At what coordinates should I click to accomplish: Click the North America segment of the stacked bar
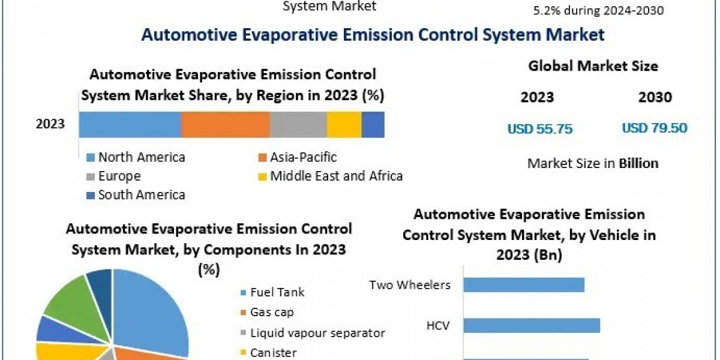click(x=130, y=125)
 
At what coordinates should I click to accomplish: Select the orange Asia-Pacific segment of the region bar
click(x=225, y=125)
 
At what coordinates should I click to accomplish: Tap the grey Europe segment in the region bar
click(x=298, y=125)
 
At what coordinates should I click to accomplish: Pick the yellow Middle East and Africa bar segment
click(x=344, y=125)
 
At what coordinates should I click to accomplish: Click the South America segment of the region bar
click(x=373, y=125)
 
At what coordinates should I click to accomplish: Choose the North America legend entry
click(x=141, y=157)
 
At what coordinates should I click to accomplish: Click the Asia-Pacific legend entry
click(x=303, y=157)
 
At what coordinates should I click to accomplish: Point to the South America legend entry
click(x=141, y=194)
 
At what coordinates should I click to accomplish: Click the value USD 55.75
click(x=540, y=128)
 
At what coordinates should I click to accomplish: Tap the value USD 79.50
click(x=655, y=128)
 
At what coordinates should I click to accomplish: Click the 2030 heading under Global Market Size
click(x=655, y=97)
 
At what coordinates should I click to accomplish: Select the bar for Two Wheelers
click(x=524, y=284)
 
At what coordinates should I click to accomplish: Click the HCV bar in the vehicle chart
click(x=532, y=325)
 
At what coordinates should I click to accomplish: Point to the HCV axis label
click(x=439, y=325)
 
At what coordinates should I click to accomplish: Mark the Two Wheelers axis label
click(x=410, y=284)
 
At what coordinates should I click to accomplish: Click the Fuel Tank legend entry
click(x=277, y=292)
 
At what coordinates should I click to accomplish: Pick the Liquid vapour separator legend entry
click(x=317, y=332)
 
